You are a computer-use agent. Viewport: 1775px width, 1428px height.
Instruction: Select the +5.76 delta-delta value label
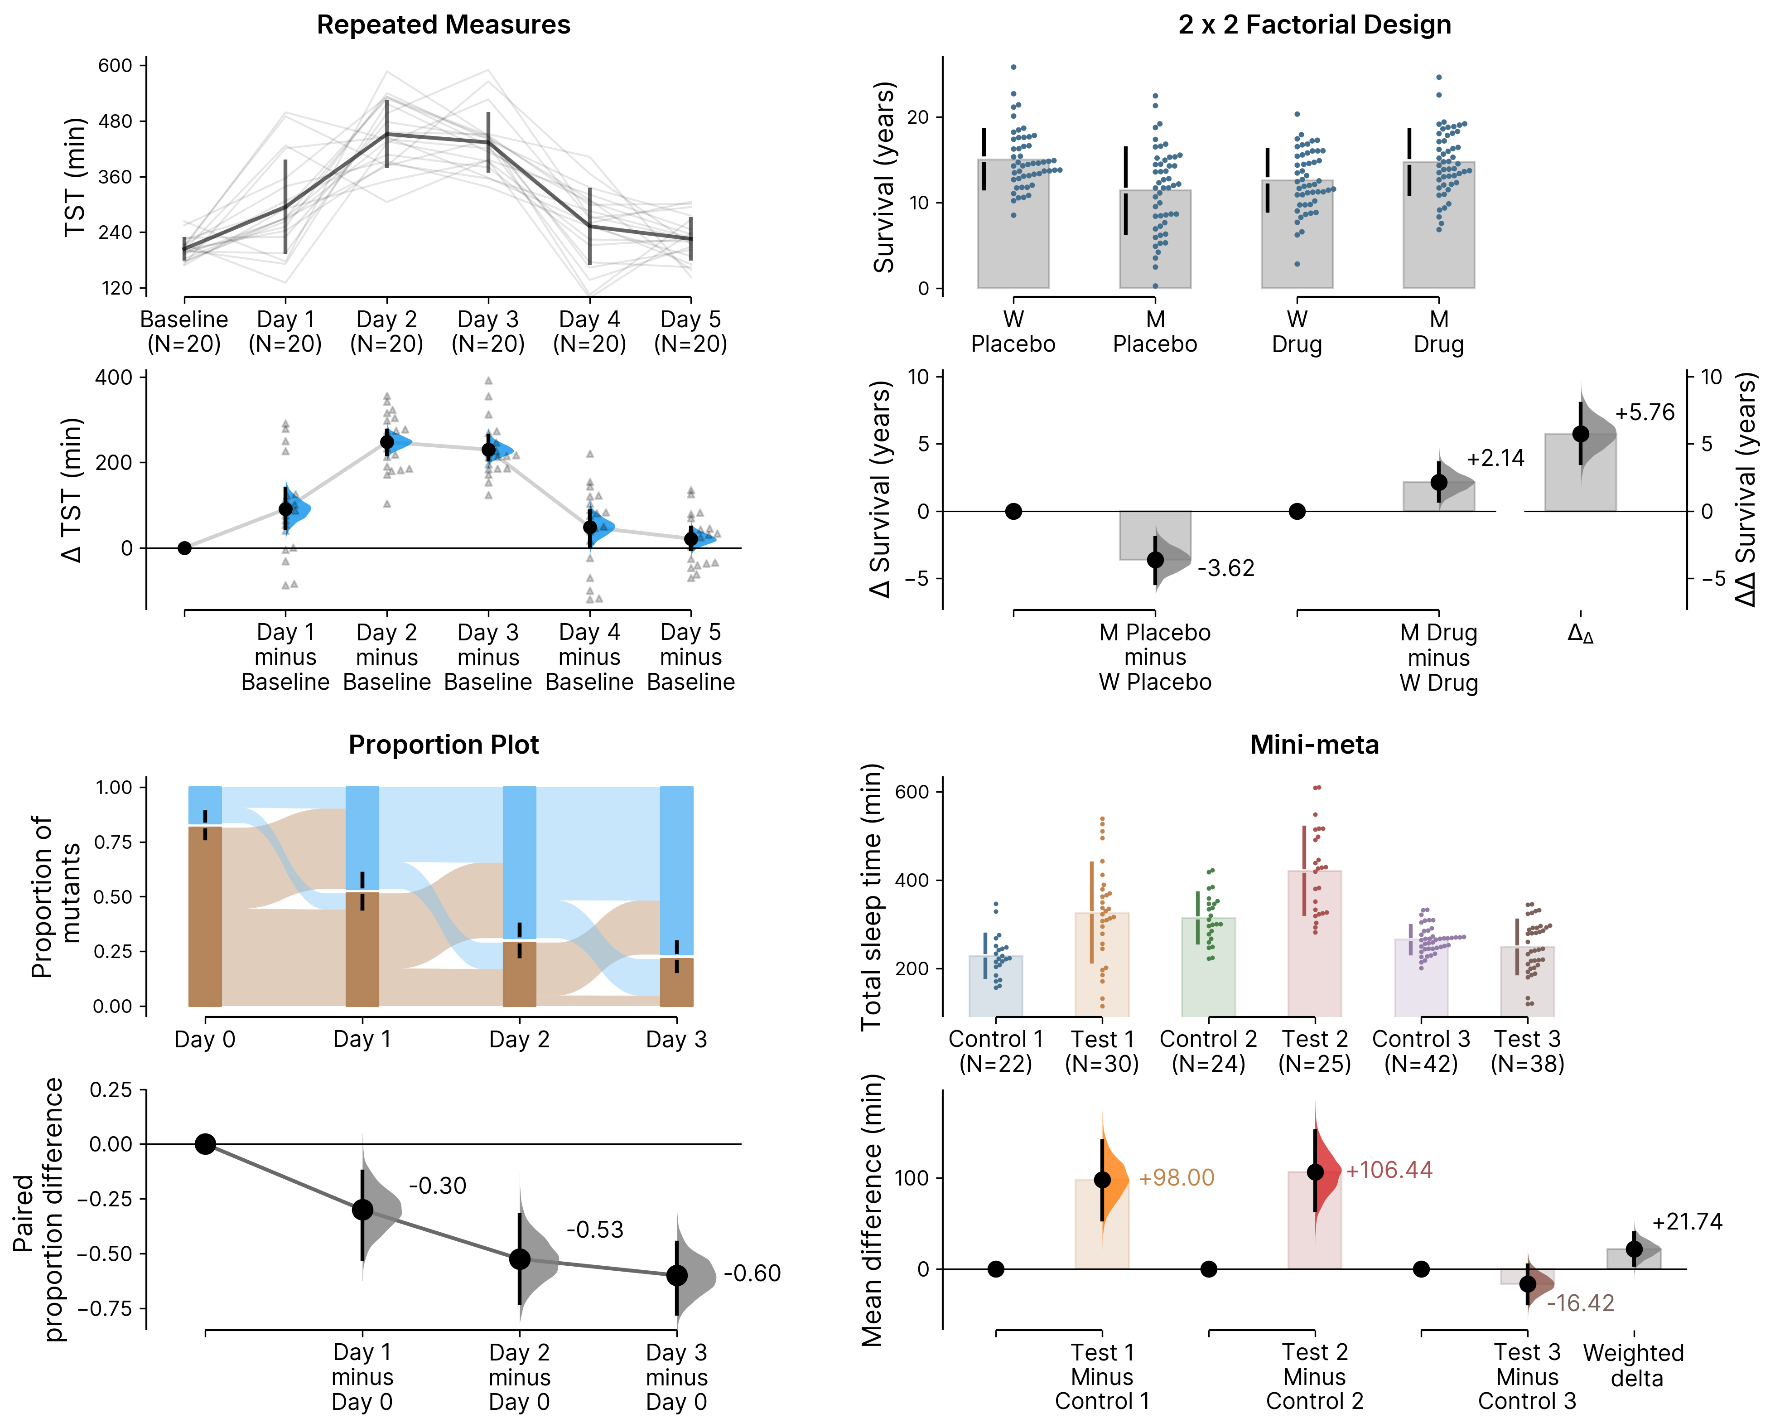click(x=1644, y=412)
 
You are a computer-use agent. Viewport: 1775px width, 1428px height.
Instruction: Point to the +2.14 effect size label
click(x=1495, y=458)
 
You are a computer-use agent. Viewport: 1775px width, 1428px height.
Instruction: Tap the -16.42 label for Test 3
click(x=1580, y=1303)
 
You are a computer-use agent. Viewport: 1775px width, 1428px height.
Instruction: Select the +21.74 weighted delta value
click(x=1687, y=1221)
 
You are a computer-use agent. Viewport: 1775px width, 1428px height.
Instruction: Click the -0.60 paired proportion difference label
click(x=752, y=1273)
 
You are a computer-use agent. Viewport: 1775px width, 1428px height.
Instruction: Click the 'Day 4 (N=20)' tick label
click(x=589, y=331)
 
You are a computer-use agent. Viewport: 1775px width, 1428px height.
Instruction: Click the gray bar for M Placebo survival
click(x=1155, y=239)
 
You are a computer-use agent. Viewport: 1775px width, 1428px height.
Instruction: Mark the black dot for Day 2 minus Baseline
click(x=387, y=442)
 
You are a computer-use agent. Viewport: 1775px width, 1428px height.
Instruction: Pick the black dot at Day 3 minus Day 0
click(x=677, y=1275)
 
